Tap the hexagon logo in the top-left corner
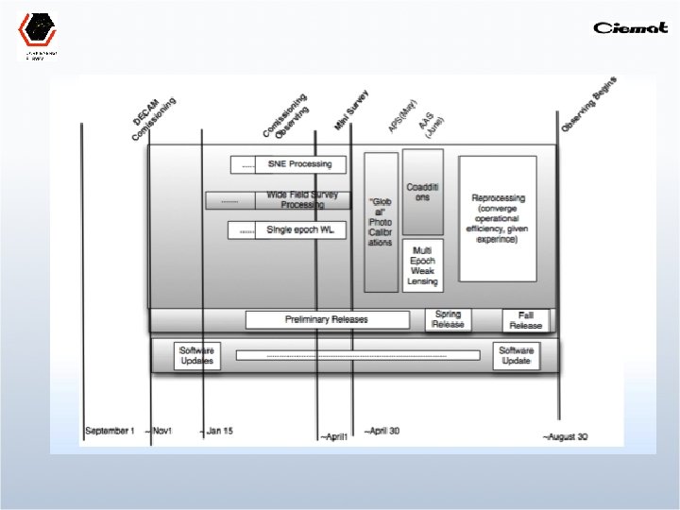37,30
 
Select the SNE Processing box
299,164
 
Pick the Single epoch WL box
299,229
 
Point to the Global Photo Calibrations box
381,222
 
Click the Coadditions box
422,192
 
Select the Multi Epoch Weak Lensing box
422,264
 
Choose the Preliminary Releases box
327,319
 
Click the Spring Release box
448,319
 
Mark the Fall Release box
526,319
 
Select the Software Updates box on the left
198,355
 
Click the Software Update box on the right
517,355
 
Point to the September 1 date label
110,432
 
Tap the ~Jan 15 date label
217,432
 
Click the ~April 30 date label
382,431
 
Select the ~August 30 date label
566,436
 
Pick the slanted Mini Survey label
351,111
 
